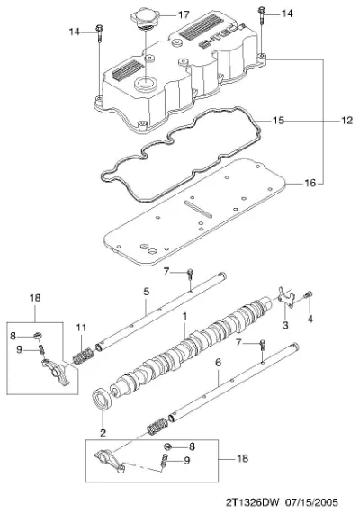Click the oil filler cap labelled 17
(x=145, y=18)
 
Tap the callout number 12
(x=346, y=121)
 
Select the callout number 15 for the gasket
(x=278, y=121)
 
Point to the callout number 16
(x=310, y=183)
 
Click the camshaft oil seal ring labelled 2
(x=103, y=399)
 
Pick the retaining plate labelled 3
(x=287, y=297)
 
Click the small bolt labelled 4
(x=309, y=295)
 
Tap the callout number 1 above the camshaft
(x=184, y=316)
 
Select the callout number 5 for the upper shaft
(x=146, y=291)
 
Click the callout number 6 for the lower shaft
(x=219, y=362)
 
